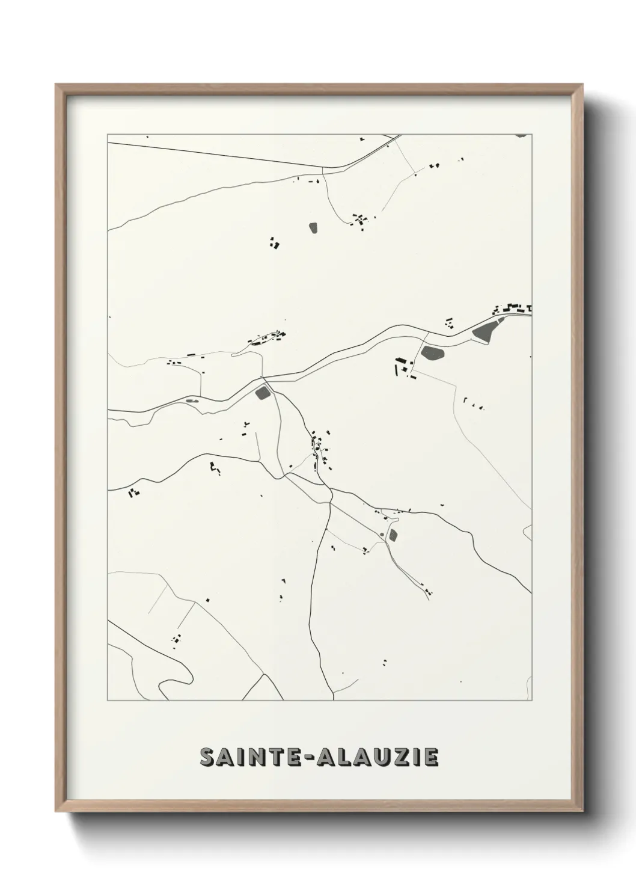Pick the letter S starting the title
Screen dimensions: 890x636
(206, 758)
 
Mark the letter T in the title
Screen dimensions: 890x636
(280, 758)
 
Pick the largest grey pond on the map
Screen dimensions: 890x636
(486, 330)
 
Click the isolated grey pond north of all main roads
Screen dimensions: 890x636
(313, 227)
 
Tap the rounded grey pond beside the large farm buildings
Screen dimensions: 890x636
(432, 352)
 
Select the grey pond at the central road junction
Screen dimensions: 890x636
(262, 393)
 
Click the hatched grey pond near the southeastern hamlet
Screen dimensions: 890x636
(393, 535)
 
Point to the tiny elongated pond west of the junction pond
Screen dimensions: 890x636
(192, 400)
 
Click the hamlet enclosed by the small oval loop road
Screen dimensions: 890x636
(264, 339)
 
